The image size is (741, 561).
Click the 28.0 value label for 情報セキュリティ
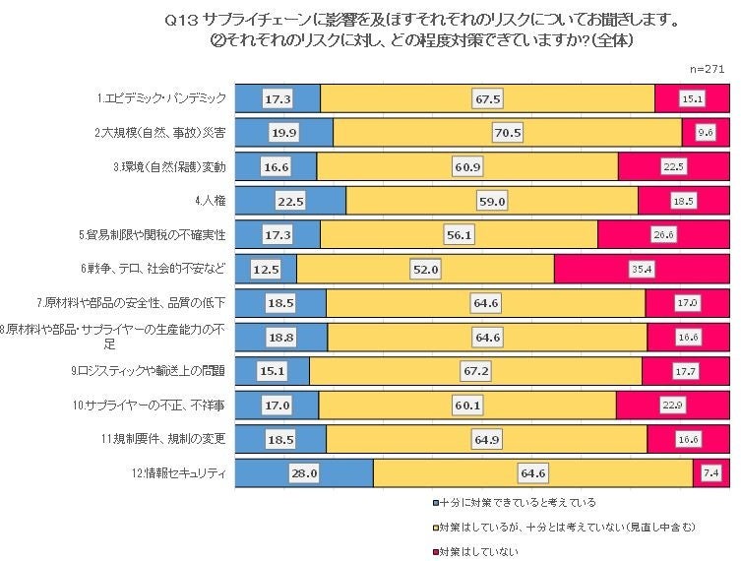click(303, 473)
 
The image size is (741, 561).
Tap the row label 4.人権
click(211, 201)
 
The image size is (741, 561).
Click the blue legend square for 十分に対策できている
click(435, 502)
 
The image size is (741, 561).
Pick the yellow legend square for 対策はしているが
click(435, 527)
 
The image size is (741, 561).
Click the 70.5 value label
click(508, 133)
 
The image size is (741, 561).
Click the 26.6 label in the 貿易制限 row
click(662, 235)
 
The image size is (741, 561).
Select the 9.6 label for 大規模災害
click(705, 133)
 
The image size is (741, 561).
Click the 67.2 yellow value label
click(476, 371)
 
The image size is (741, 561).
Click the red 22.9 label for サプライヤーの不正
click(673, 405)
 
